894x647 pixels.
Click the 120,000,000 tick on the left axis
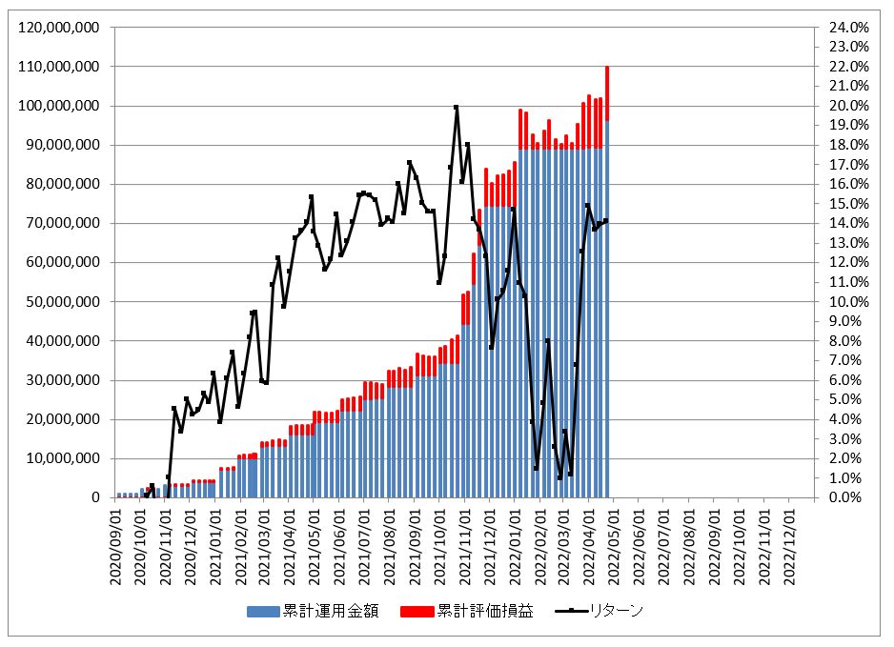pyautogui.click(x=58, y=28)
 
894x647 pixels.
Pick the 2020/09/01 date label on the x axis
pyautogui.click(x=116, y=538)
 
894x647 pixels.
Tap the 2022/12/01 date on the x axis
pyautogui.click(x=790, y=538)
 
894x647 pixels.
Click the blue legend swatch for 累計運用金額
pyautogui.click(x=263, y=611)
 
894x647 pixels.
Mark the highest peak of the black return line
pyautogui.click(x=457, y=107)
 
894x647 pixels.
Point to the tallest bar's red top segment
pyautogui.click(x=607, y=80)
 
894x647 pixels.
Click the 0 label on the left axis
pyautogui.click(x=94, y=497)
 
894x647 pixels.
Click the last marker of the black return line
pyautogui.click(x=606, y=221)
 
